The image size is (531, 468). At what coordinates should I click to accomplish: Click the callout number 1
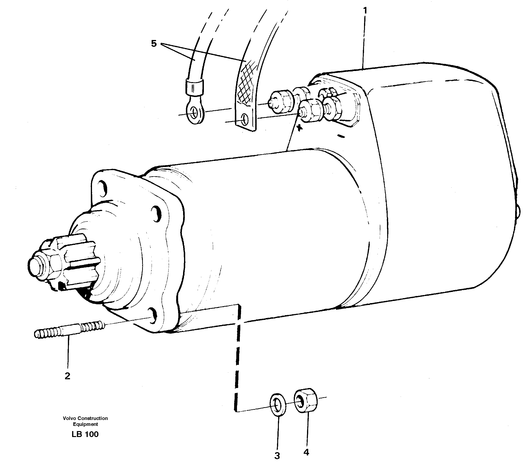click(365, 11)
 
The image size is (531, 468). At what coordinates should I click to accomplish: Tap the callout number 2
click(67, 376)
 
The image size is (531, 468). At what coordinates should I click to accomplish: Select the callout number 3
click(277, 455)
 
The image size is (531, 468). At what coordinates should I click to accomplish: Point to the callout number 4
click(306, 452)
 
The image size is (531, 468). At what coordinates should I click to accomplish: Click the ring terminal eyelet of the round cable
click(195, 113)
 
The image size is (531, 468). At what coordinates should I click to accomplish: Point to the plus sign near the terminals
click(299, 128)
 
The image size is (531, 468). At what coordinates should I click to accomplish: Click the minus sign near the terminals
click(342, 136)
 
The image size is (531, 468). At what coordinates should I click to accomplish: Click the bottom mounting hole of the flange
click(153, 315)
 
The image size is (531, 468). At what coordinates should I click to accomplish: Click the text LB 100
click(85, 434)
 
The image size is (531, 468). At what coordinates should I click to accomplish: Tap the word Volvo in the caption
click(68, 418)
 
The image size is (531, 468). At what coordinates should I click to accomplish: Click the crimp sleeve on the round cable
click(194, 87)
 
